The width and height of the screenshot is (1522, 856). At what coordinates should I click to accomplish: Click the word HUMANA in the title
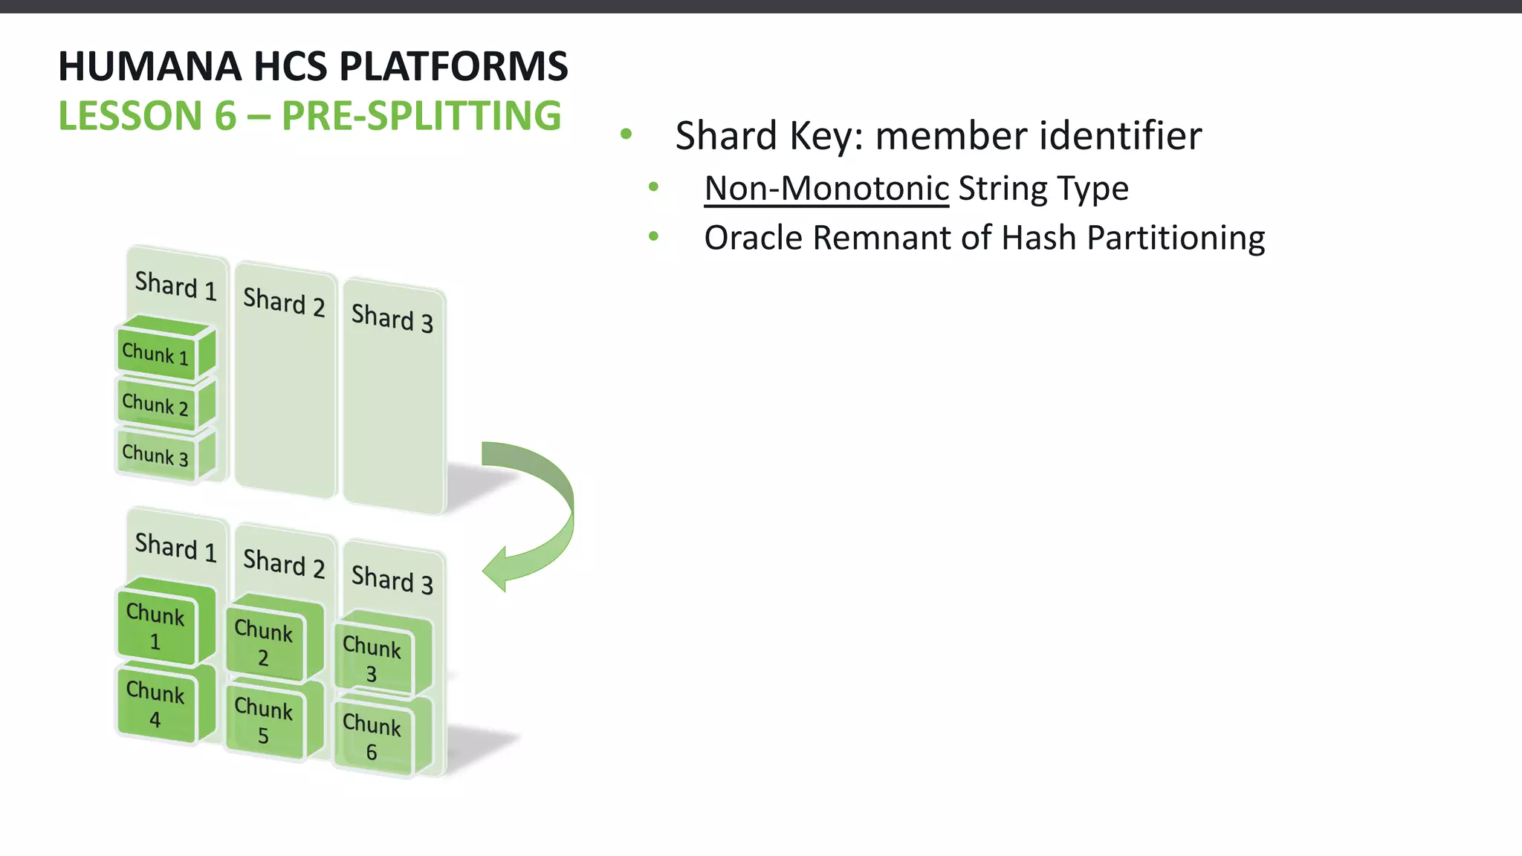pos(149,67)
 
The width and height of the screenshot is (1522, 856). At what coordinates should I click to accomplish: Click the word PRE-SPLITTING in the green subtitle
pos(421,116)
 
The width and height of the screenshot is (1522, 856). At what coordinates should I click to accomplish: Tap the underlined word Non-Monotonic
pos(826,188)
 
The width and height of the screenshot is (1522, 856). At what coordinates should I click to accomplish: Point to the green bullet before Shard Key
pos(626,134)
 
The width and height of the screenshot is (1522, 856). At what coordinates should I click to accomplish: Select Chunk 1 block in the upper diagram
pos(156,353)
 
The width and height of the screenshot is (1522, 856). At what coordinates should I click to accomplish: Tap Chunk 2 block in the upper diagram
pos(156,404)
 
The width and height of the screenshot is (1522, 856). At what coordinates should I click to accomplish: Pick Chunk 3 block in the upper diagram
pos(156,454)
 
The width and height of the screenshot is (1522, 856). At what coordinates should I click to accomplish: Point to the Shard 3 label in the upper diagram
pos(392,318)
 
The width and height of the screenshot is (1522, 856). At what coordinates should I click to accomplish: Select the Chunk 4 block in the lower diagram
pos(155,704)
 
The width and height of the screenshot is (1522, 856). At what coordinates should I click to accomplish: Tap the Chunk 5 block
pos(264,721)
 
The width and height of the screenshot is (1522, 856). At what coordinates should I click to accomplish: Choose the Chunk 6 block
pos(372,737)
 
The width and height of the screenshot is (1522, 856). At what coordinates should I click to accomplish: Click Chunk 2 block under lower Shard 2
pos(264,642)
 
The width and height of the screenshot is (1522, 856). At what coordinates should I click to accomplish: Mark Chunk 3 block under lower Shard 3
pos(372,658)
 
